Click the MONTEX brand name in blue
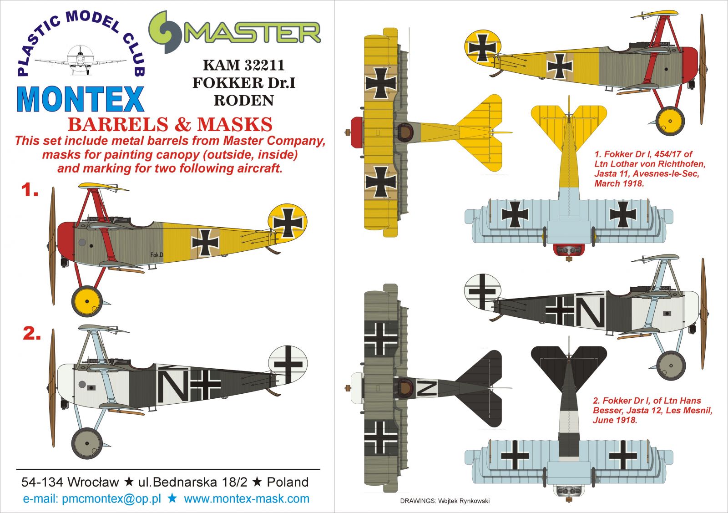click(x=81, y=99)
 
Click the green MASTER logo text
click(x=253, y=33)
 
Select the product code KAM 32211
click(x=243, y=65)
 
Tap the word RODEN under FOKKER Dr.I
click(x=243, y=101)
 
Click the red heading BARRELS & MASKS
click(x=170, y=125)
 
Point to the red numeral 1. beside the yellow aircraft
click(x=30, y=190)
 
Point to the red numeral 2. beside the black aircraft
click(x=32, y=334)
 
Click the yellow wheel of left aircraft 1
click(x=86, y=301)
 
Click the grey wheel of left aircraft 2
click(x=86, y=443)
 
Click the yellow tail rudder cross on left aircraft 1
click(x=288, y=223)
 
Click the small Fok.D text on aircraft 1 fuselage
click(x=157, y=255)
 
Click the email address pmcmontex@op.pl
click(x=111, y=499)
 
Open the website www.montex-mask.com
click(x=246, y=499)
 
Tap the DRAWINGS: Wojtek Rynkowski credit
click(x=445, y=501)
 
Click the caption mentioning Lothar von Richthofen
click(x=649, y=169)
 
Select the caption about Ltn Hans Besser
click(x=652, y=410)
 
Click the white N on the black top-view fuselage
click(x=427, y=388)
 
